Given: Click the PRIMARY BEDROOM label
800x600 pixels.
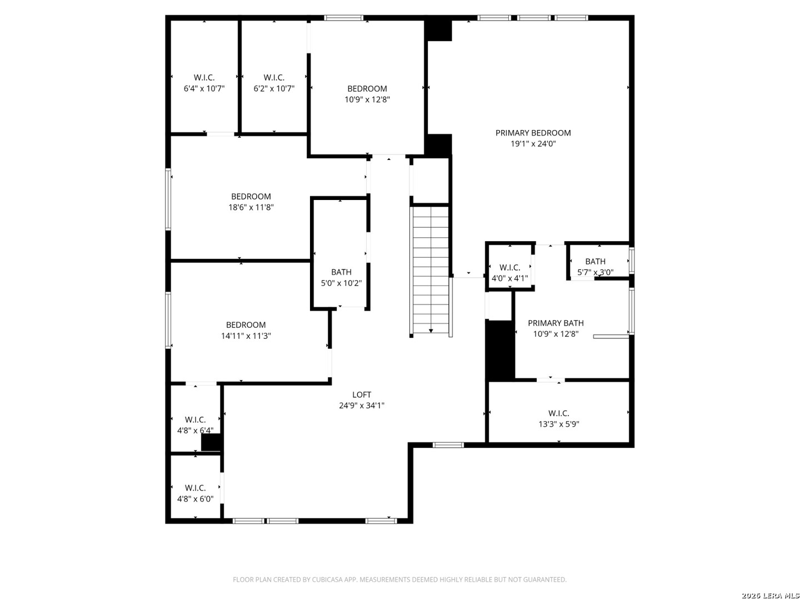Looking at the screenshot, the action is (533, 133).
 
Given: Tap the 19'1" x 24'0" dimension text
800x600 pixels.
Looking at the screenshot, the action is (533, 143).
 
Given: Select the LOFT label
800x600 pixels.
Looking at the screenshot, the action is (362, 394).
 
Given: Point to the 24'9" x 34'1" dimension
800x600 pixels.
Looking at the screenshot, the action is (362, 406).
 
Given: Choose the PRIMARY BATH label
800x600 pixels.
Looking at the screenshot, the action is (556, 323).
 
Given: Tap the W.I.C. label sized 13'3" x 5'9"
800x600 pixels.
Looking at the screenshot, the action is (559, 413).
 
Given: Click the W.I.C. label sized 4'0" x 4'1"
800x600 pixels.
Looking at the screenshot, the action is (509, 268).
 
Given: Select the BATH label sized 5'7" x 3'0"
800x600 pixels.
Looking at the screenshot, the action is (595, 262).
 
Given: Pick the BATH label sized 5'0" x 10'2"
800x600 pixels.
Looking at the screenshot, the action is (341, 272).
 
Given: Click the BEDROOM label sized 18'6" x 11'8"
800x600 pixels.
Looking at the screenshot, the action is (251, 197).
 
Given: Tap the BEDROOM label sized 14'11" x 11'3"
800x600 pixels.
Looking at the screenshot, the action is (246, 325).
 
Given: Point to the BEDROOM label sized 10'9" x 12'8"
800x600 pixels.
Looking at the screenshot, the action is (367, 88).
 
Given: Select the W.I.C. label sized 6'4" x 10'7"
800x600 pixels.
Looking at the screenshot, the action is (204, 78).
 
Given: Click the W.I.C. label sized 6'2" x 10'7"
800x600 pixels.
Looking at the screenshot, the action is (274, 78).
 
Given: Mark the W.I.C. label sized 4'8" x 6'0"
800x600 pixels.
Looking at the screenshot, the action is (196, 488).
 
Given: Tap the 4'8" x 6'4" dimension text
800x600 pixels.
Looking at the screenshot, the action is (196, 431).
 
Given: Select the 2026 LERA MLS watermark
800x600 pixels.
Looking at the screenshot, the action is (770, 596).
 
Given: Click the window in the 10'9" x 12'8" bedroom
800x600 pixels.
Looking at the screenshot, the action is (343, 17).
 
